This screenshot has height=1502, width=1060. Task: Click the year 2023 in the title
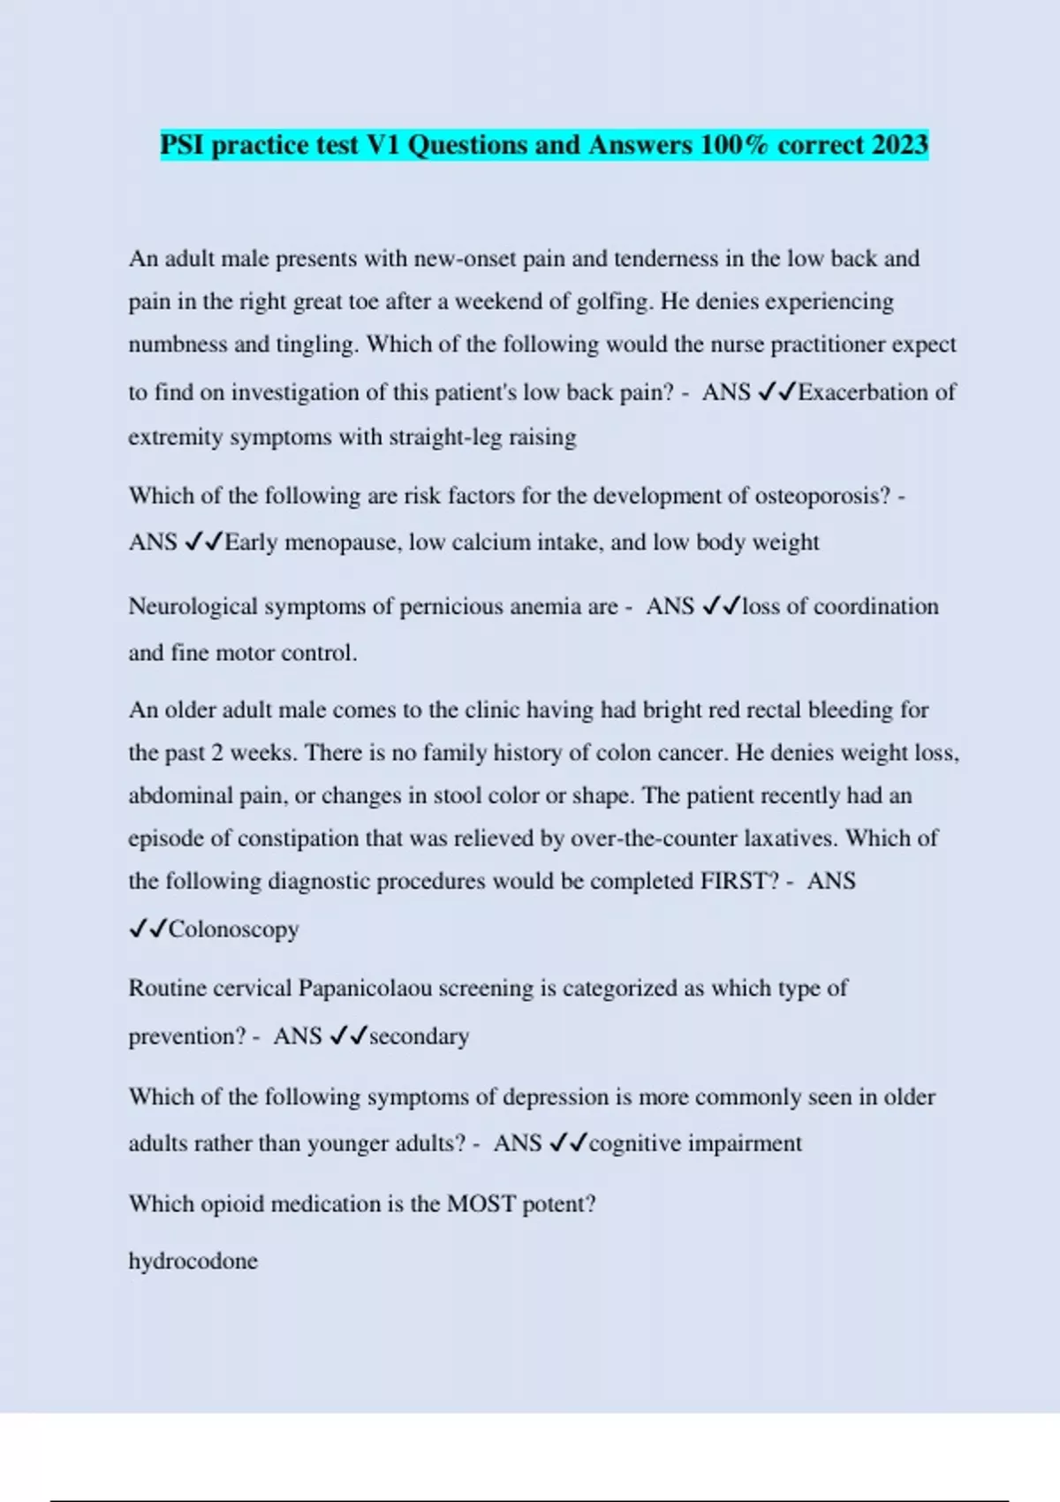tap(899, 145)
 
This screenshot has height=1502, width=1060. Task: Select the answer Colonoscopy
tap(233, 929)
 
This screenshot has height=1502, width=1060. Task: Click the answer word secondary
tap(419, 1036)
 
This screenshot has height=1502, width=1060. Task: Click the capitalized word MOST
tap(481, 1204)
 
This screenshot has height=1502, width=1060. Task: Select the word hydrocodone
tap(193, 1261)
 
